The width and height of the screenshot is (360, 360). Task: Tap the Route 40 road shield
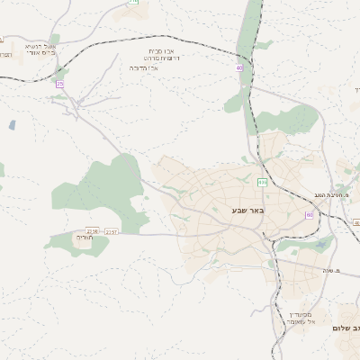[239, 68]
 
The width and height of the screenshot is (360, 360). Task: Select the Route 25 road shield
[59, 84]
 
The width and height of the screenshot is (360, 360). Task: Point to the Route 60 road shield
[310, 215]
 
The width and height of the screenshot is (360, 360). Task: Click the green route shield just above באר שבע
[262, 182]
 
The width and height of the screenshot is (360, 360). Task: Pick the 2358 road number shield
[92, 231]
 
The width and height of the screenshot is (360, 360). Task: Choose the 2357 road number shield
[112, 231]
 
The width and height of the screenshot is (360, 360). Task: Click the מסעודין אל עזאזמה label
[298, 317]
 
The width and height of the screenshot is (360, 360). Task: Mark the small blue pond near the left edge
[12, 125]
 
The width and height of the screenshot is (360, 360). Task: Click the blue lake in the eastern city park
[321, 244]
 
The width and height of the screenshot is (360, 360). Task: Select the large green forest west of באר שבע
[103, 189]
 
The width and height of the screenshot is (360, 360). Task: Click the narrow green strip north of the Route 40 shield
[255, 27]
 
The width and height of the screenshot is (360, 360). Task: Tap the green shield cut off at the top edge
[133, 2]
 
